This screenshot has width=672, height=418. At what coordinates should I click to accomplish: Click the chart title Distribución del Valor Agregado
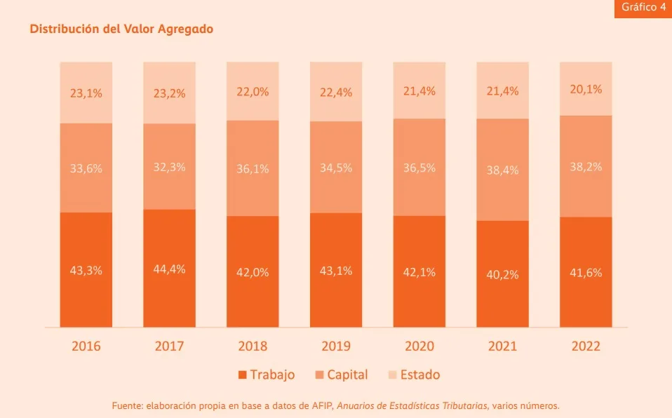click(x=121, y=29)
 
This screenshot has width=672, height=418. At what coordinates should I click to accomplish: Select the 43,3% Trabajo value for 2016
click(x=86, y=270)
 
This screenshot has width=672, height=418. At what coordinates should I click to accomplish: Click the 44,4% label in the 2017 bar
click(x=169, y=269)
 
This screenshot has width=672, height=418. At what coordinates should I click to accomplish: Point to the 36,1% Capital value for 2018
click(x=253, y=169)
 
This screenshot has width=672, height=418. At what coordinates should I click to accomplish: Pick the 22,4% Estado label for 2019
click(x=336, y=93)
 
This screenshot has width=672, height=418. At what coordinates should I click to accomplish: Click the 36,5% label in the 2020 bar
click(x=419, y=168)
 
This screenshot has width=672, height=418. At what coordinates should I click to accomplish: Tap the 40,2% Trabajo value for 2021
click(x=502, y=274)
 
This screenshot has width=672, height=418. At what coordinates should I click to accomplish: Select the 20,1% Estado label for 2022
click(x=586, y=89)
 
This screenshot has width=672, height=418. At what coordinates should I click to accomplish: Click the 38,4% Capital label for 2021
click(x=502, y=170)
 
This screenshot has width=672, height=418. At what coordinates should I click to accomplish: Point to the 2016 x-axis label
click(x=86, y=346)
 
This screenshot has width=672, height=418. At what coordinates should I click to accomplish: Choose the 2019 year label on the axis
click(x=336, y=346)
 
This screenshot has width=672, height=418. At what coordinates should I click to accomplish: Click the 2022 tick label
click(x=586, y=346)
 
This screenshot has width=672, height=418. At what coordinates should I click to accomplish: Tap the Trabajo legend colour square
click(x=243, y=375)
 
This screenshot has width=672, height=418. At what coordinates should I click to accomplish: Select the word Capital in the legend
click(x=347, y=375)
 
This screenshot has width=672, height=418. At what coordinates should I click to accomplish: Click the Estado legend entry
click(x=414, y=375)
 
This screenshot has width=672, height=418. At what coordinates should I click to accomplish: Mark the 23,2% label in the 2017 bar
click(x=169, y=93)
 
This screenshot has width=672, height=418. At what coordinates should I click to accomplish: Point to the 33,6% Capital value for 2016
click(x=86, y=169)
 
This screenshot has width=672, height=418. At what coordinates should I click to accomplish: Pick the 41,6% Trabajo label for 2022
click(x=586, y=273)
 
